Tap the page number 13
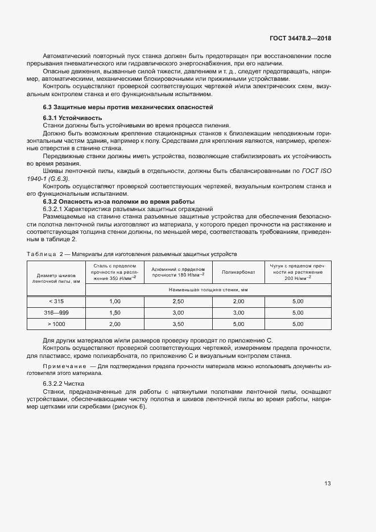pos(328,484)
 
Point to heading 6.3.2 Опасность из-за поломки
pos(119,201)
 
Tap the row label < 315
pos(56,301)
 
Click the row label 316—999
pos(56,312)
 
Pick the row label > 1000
pos(56,324)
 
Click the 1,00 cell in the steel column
pos(114,301)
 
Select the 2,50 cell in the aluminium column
pos(178,301)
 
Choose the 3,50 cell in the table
pos(178,324)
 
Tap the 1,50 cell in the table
pos(114,312)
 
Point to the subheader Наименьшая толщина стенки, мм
pos(208,290)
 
